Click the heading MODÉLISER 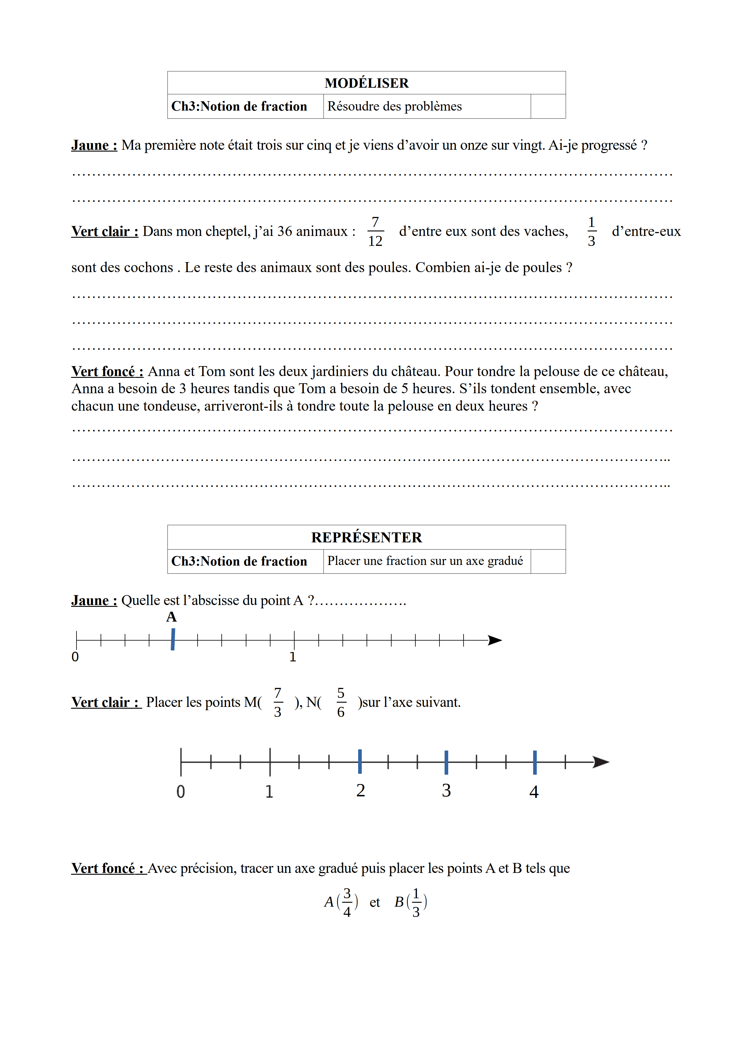366,83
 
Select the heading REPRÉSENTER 366,537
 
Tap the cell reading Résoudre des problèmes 395,106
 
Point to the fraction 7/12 375,232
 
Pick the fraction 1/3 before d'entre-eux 592,232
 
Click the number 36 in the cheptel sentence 285,231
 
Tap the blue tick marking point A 173,639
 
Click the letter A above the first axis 171,617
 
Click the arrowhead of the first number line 495,640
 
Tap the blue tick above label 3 446,762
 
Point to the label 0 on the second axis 181,792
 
